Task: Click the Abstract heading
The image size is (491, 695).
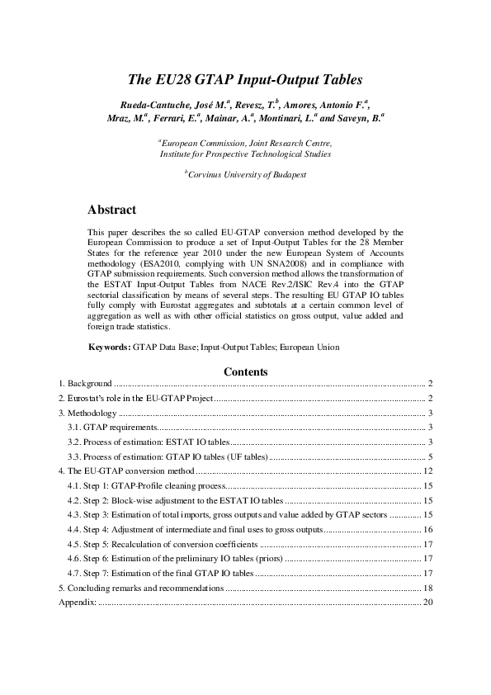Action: [x=111, y=210]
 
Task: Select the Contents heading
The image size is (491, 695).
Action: [x=245, y=372]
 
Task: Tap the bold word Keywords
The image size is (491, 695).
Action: [x=109, y=347]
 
